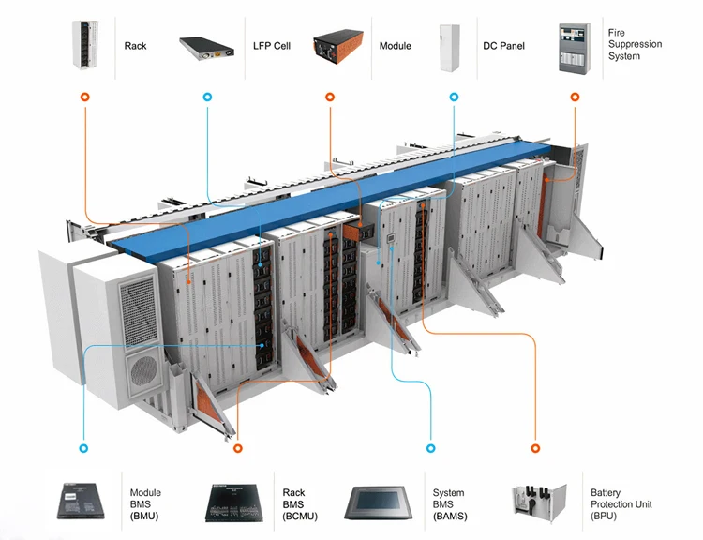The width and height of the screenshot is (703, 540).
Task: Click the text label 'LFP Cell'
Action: pyautogui.click(x=272, y=46)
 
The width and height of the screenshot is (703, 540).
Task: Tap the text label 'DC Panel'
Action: pyautogui.click(x=503, y=46)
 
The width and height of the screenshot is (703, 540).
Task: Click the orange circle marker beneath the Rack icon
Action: pyautogui.click(x=85, y=97)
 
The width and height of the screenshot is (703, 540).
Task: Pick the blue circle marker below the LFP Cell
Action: pyautogui.click(x=206, y=97)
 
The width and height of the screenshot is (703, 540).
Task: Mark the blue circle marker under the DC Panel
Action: pyautogui.click(x=455, y=97)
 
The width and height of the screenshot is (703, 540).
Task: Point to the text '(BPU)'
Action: pyautogui.click(x=605, y=517)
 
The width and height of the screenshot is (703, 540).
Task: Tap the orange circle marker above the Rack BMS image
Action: pyautogui.click(x=237, y=449)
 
